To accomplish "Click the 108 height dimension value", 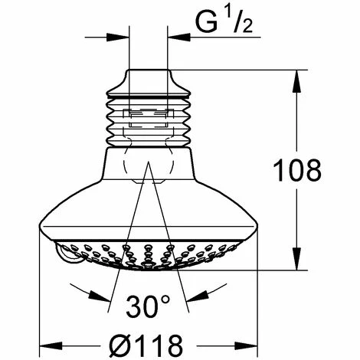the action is [x=297, y=170].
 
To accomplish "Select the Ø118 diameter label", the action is [x=146, y=345].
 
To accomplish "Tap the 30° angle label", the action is [x=148, y=306].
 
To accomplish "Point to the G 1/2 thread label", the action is [x=224, y=22].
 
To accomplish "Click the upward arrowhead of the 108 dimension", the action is [x=296, y=80].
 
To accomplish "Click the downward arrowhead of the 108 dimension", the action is [x=296, y=259].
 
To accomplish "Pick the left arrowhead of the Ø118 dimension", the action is [x=51, y=346].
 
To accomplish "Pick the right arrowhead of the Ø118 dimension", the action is [x=246, y=346].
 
